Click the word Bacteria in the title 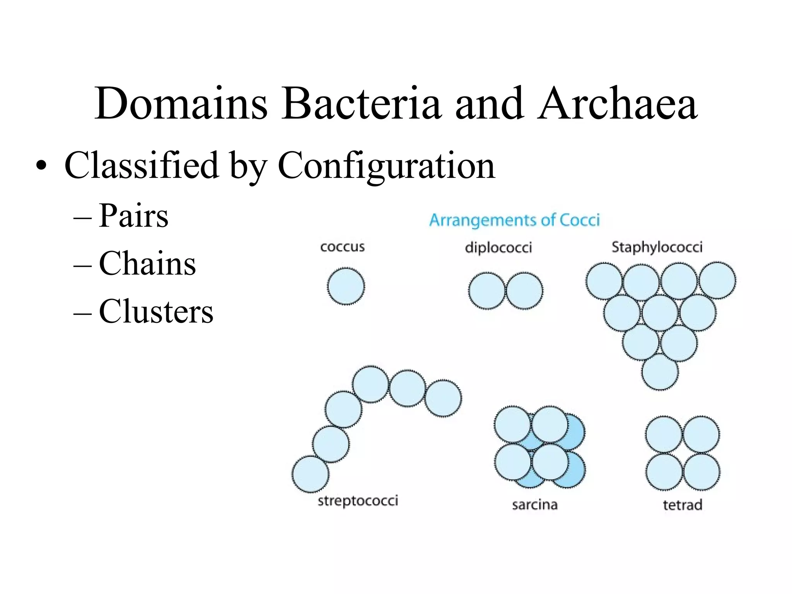tap(360, 104)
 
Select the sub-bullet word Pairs tap(133, 216)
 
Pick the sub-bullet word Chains tap(147, 263)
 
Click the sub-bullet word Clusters tap(156, 311)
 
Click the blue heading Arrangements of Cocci tap(514, 220)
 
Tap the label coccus tap(342, 247)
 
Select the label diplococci tap(498, 247)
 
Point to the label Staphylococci tap(657, 247)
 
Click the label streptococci tap(358, 501)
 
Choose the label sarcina tap(535, 505)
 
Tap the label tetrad tap(682, 505)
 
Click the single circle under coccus tap(346, 286)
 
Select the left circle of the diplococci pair tap(486, 290)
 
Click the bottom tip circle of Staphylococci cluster tap(660, 372)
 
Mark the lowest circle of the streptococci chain tap(310, 474)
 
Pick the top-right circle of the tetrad tap(701, 434)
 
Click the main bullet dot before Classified tap(41, 167)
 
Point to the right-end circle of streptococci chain tap(443, 398)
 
